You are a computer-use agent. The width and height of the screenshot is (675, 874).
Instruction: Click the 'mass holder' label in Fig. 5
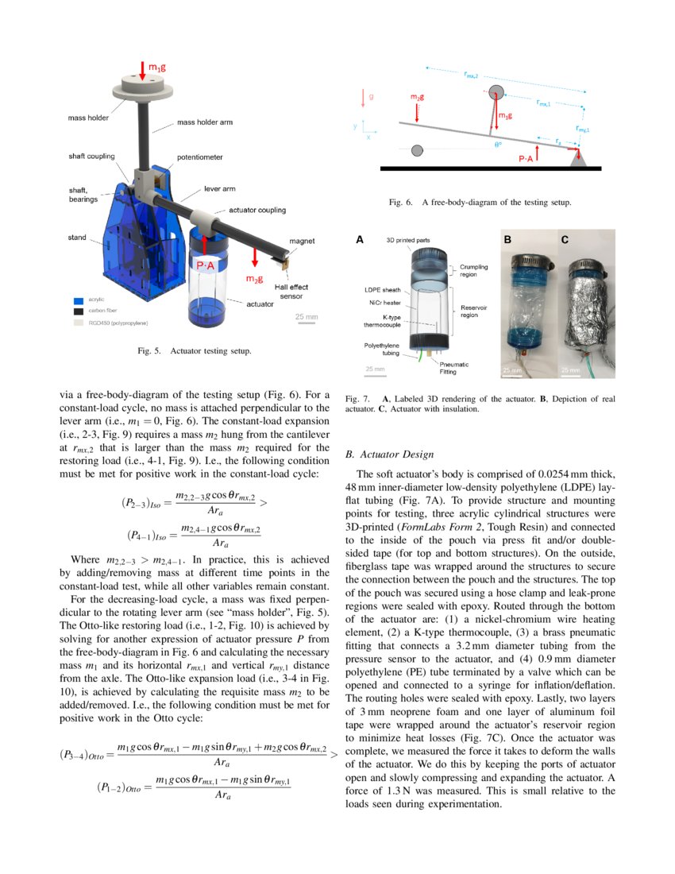(x=87, y=118)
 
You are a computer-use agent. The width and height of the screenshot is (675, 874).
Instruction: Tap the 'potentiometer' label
(x=200, y=157)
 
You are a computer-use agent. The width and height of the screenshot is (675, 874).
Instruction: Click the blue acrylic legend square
(x=76, y=302)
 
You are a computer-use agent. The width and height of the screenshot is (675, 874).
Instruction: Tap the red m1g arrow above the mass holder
(x=142, y=68)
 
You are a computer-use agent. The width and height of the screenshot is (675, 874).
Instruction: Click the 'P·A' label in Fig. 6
(x=526, y=158)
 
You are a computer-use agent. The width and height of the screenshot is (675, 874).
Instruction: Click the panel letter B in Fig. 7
(x=509, y=238)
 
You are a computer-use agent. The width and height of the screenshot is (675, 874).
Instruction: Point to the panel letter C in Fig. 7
(x=565, y=238)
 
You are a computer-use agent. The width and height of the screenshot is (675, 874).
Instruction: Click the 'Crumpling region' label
(x=472, y=270)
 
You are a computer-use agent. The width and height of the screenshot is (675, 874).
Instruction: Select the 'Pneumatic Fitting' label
(x=453, y=368)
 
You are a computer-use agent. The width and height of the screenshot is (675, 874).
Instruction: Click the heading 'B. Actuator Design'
(x=390, y=454)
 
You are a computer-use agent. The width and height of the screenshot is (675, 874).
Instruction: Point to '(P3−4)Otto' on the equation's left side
(x=83, y=755)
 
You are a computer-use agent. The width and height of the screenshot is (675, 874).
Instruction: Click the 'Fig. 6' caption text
(x=480, y=203)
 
